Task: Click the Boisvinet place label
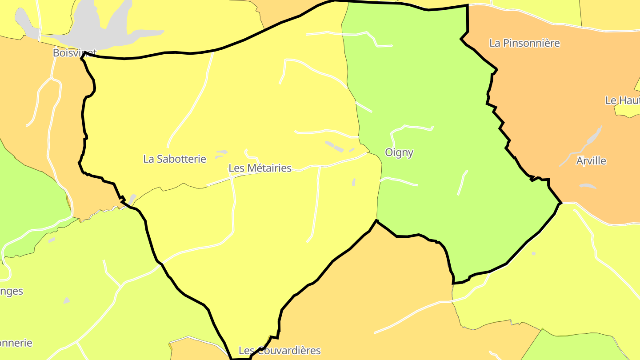[74, 53]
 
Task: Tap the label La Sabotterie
[175, 159]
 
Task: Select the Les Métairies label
[260, 168]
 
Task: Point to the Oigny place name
[399, 152]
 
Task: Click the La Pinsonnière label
[524, 43]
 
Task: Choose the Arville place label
[591, 161]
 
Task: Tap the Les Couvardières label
[280, 350]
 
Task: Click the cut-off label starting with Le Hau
[622, 100]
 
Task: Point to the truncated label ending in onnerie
[16, 343]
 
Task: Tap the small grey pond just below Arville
[588, 186]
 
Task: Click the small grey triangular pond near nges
[67, 301]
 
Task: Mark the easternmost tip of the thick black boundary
[561, 203]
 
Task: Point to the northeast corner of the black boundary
[468, 5]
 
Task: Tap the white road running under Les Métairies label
[267, 174]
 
